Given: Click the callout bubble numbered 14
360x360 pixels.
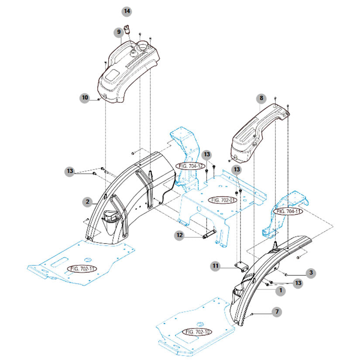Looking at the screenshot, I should click(x=127, y=10).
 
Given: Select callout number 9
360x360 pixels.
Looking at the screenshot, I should click(x=118, y=32).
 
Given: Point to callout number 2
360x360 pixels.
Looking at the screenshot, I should click(x=88, y=202).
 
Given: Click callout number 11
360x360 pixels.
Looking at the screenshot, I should click(x=216, y=265).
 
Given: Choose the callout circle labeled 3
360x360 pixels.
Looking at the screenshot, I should click(x=310, y=273).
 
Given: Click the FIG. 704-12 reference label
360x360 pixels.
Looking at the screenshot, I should click(x=191, y=166).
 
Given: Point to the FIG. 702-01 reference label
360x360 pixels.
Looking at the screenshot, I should click(x=223, y=200).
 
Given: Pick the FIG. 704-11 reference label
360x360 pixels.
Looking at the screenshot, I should click(x=288, y=211).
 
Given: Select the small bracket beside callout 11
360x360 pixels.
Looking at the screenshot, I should click(x=240, y=266).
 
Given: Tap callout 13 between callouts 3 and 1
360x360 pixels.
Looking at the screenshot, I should click(x=298, y=284).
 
